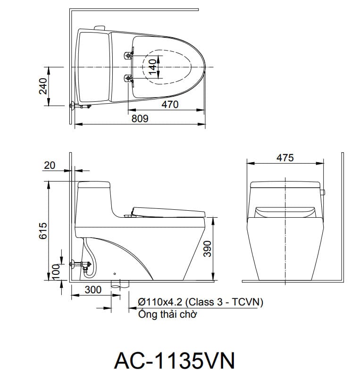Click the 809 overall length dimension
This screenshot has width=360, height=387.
tap(140, 119)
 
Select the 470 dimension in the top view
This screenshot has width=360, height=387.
tap(169, 104)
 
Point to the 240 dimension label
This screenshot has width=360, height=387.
tap(43, 86)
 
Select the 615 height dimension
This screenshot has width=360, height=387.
tap(42, 231)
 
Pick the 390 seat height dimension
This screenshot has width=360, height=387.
tap(208, 248)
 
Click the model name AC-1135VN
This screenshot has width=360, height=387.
tap(174, 361)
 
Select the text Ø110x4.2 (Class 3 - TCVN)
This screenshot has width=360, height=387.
tap(200, 302)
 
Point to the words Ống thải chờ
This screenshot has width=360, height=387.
tap(167, 314)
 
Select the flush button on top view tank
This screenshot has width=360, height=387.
tap(99, 28)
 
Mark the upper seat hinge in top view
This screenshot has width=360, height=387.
tap(128, 56)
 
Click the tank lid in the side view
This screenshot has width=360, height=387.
tap(94, 185)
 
